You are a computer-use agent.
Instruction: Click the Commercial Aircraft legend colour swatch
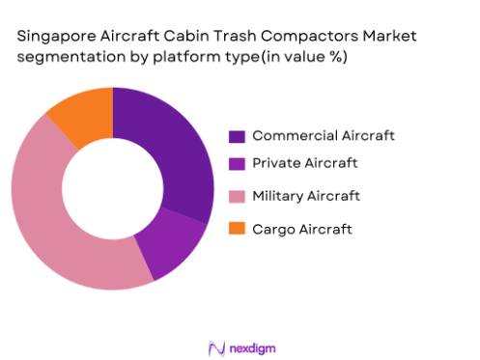pos(236,135)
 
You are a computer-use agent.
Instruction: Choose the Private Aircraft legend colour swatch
pos(236,165)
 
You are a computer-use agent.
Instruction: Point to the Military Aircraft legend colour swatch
pos(236,196)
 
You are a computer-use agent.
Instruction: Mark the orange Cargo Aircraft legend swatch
pos(236,228)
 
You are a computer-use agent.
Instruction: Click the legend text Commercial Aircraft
pos(311,135)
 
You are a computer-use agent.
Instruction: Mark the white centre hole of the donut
pos(112,189)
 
